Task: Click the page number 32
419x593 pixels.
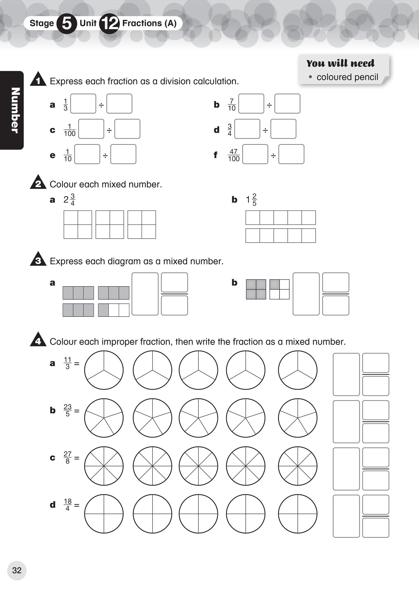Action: (17, 570)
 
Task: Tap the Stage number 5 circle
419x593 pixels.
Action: (67, 23)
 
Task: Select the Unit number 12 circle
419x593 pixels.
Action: (109, 23)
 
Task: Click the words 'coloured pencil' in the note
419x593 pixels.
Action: (347, 77)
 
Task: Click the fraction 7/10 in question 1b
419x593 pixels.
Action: (232, 105)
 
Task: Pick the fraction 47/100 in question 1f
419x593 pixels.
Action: (234, 155)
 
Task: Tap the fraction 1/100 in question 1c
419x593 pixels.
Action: (70, 130)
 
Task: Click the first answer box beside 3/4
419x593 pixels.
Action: (247, 129)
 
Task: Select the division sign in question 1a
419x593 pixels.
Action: (101, 105)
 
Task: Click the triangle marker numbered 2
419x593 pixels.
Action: (38, 182)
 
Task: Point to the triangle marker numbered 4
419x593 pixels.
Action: (38, 340)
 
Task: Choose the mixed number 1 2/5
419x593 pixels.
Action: (251, 200)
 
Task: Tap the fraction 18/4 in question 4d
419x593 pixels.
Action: (68, 505)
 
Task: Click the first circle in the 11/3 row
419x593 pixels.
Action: (104, 370)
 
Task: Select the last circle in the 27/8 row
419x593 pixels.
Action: (297, 466)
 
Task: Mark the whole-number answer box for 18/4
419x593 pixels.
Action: (346, 516)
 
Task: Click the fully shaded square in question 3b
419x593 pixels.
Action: (256, 289)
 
